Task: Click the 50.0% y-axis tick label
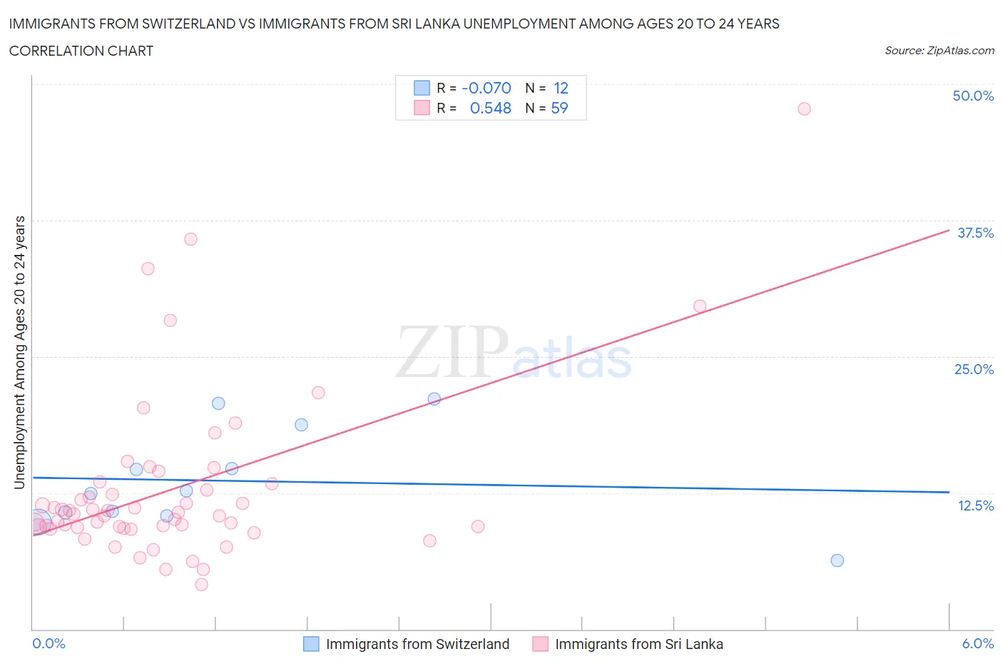(973, 96)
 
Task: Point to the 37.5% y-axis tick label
(975, 233)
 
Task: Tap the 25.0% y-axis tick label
(974, 369)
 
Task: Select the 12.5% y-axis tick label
(975, 505)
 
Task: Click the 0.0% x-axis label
(49, 643)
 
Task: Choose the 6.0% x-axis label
(977, 643)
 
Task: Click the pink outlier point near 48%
(804, 109)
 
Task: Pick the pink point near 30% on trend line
(700, 306)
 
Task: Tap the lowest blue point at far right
(837, 560)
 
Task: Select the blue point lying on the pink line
(434, 399)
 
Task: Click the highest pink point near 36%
(190, 239)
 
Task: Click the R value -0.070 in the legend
(487, 88)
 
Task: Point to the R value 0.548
(490, 108)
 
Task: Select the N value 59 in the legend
(559, 108)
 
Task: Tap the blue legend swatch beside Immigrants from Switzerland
(311, 644)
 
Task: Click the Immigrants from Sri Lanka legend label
(638, 644)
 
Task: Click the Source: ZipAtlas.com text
(939, 50)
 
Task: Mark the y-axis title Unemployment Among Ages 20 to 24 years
(20, 353)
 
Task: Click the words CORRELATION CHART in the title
(81, 51)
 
